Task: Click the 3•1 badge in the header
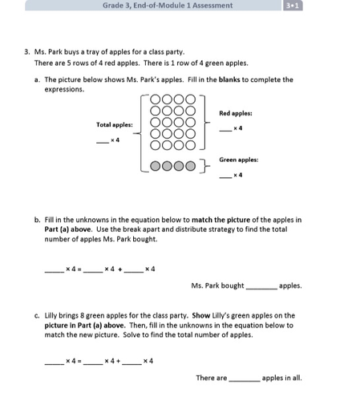point(293,6)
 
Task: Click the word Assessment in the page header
point(211,6)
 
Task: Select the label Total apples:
point(114,124)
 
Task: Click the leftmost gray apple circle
point(156,167)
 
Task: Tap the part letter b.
point(37,219)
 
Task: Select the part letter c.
point(37,316)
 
